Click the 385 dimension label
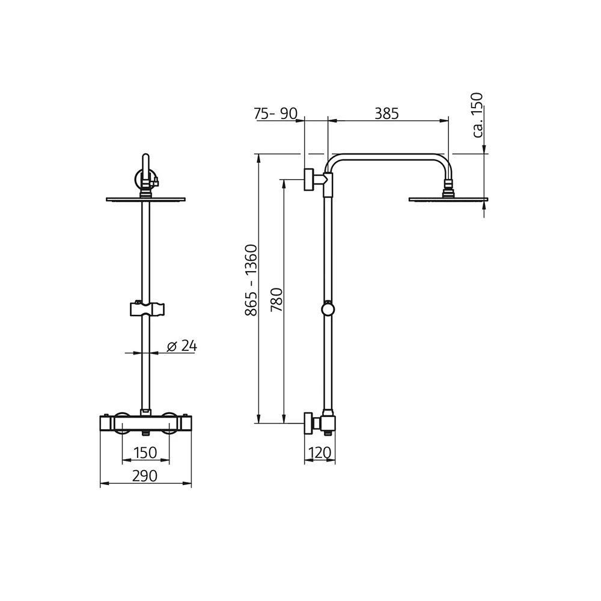386,113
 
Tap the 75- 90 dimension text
276,113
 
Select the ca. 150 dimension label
478,115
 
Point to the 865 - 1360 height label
251,280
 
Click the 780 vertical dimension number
276,299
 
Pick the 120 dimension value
320,453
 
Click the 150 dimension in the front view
145,453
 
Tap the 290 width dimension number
145,475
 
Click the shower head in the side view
448,199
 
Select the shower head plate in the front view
145,200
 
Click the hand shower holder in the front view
146,310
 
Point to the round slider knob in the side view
328,310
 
